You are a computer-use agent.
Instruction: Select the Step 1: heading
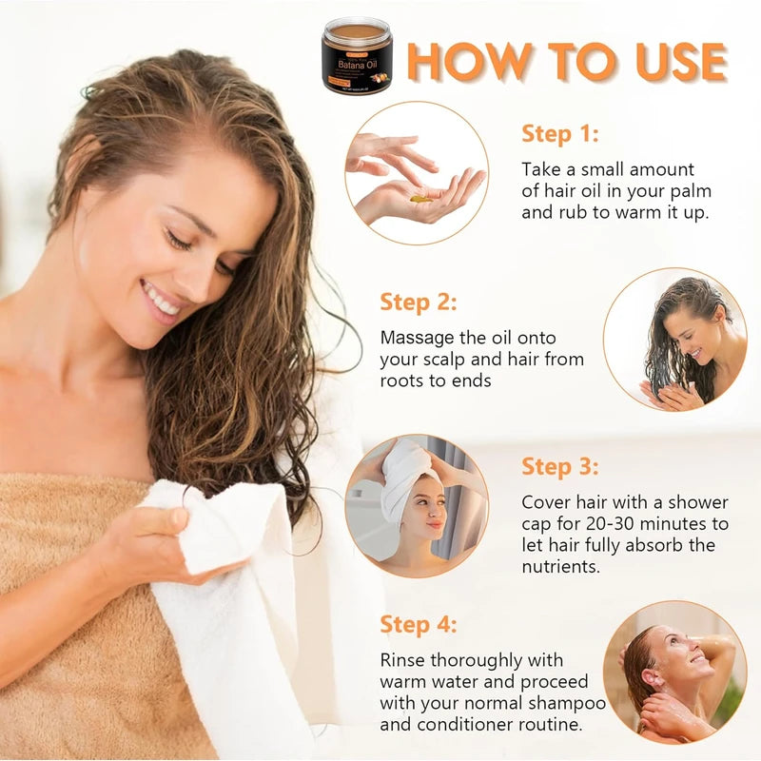(x=560, y=133)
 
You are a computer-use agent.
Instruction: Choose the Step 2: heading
(x=419, y=302)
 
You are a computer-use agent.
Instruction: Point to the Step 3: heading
(x=560, y=466)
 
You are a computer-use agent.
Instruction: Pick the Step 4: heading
(x=419, y=624)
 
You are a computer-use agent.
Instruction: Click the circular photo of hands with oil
(x=417, y=173)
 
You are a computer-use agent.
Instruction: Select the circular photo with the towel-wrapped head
(x=417, y=505)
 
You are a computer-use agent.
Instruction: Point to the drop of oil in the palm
(x=419, y=198)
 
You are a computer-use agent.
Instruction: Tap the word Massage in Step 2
(x=415, y=338)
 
